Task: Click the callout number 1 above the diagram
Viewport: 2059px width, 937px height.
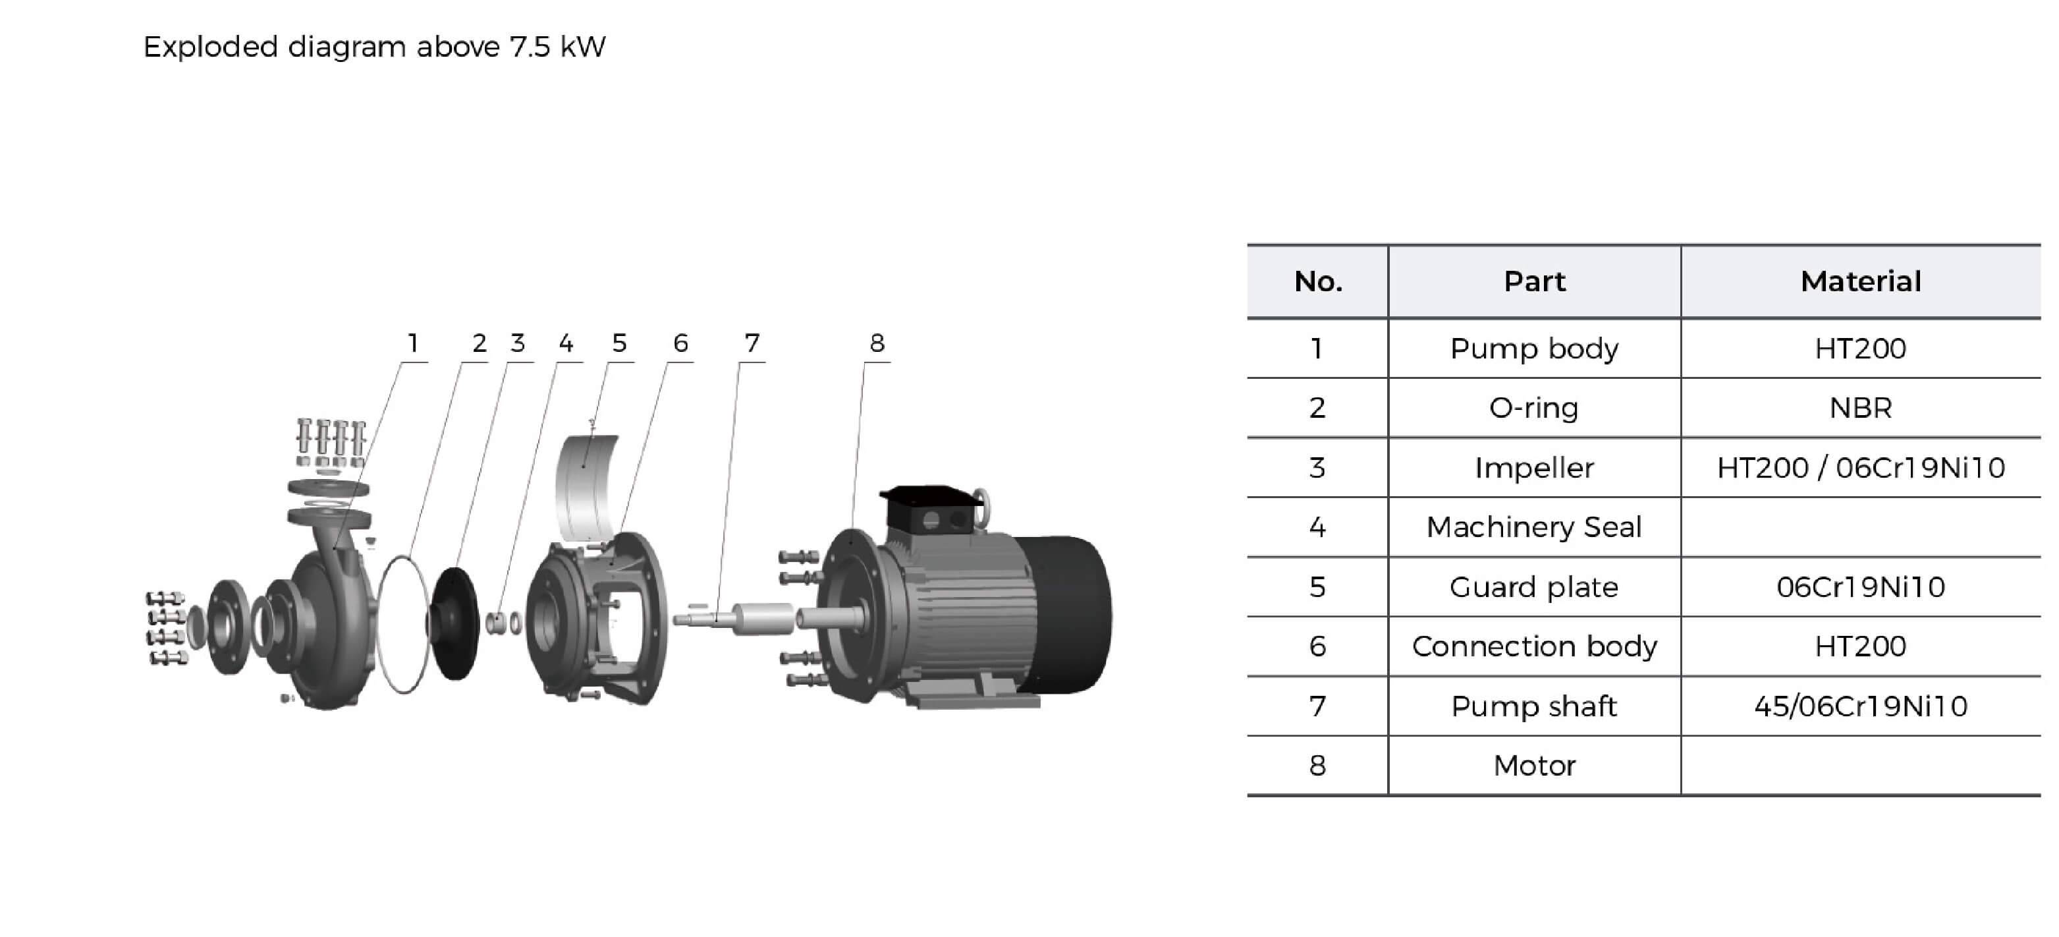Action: tap(412, 344)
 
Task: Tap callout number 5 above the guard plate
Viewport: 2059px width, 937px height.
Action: tap(619, 344)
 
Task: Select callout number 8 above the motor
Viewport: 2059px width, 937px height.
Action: tap(877, 344)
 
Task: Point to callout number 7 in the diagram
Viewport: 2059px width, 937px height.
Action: tap(752, 344)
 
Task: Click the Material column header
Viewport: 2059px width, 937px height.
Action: tap(1860, 281)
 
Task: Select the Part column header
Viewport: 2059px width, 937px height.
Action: tap(1534, 281)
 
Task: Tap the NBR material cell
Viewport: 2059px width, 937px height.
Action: tap(1860, 409)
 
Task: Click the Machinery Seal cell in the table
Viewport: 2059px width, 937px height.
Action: tap(1534, 528)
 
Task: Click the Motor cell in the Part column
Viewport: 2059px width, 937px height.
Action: tap(1534, 766)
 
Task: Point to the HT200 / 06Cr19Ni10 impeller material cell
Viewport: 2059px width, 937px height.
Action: tap(1860, 468)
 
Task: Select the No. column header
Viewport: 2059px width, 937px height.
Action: tap(1317, 281)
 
